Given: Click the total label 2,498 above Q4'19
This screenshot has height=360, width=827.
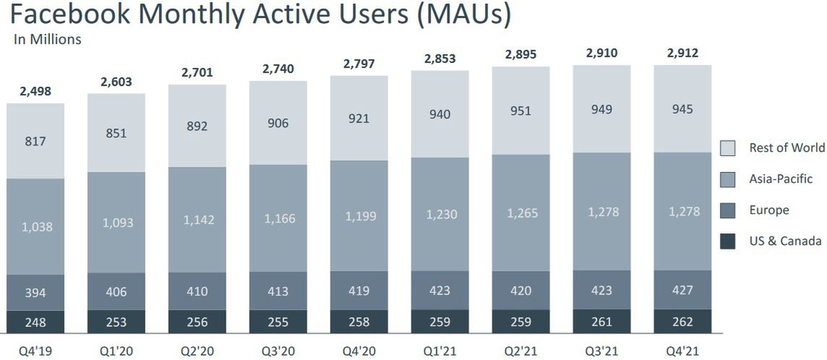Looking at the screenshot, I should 35,92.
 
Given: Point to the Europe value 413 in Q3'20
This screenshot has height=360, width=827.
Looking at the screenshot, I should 278,292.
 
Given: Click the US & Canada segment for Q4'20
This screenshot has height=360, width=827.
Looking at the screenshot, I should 359,322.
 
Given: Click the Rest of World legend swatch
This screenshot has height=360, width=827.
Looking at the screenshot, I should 728,148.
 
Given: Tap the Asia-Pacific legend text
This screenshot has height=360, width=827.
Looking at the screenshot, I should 781,179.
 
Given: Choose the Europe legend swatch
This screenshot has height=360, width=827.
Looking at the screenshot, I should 728,210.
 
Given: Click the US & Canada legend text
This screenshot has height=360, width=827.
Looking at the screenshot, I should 785,241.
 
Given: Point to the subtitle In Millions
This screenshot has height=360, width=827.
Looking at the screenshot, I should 48,40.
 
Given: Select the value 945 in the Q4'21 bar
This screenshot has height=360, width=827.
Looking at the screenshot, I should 682,110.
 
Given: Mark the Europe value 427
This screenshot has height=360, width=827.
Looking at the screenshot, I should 682,291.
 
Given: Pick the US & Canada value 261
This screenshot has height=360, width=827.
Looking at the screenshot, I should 601,322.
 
